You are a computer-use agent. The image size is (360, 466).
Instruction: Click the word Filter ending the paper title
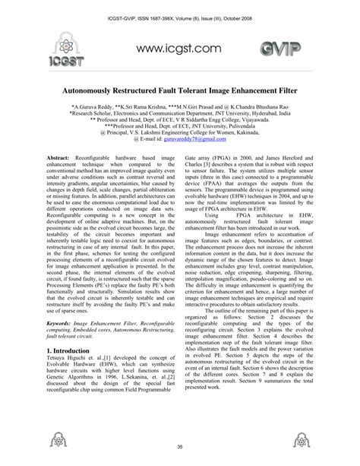pyautogui.click(x=283, y=88)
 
